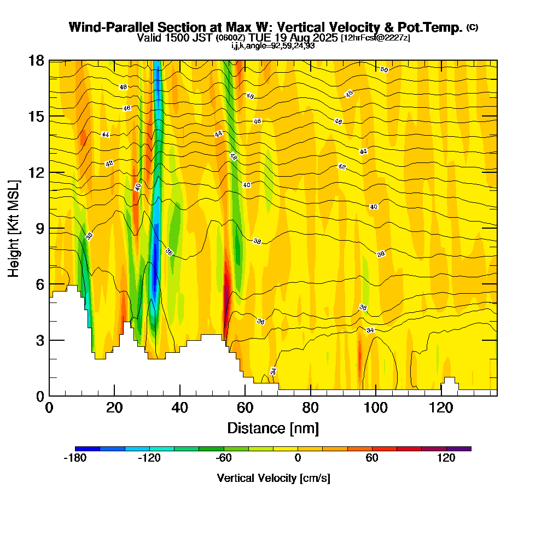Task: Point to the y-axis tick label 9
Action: (40, 229)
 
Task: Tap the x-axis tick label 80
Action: (310, 408)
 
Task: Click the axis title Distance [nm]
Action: (273, 428)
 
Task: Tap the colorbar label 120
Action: (446, 458)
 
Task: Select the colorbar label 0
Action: (298, 458)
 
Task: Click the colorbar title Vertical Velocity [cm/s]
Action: (273, 478)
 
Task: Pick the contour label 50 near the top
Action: (384, 69)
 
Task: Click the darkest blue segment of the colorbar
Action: (88, 449)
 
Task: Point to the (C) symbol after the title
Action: (472, 27)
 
